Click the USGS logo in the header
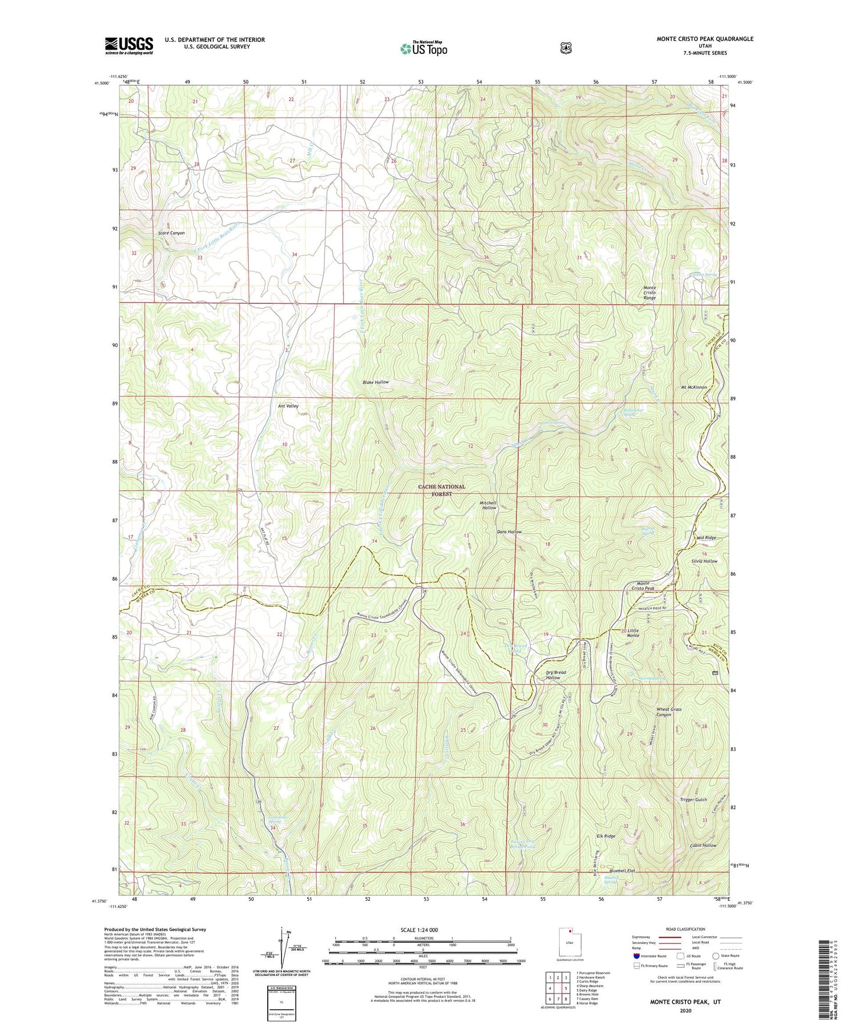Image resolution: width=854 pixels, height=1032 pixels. (x=129, y=46)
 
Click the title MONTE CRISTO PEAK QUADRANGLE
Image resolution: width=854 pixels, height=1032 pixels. (x=704, y=39)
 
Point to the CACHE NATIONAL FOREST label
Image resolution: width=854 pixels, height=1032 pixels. (x=441, y=490)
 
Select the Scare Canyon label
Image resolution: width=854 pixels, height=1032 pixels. (x=171, y=233)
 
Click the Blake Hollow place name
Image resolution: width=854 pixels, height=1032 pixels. (x=376, y=382)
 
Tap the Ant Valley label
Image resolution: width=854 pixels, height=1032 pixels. (x=288, y=406)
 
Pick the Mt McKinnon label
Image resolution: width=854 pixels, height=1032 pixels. (x=691, y=387)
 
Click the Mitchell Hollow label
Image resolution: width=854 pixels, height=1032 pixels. (x=488, y=505)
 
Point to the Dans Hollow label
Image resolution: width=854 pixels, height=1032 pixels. (x=509, y=532)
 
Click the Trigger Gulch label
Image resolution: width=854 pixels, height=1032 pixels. (x=693, y=800)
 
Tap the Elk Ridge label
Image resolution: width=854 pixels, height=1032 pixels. (x=606, y=836)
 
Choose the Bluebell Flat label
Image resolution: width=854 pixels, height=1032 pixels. (x=622, y=871)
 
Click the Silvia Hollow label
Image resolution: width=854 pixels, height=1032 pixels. (x=704, y=561)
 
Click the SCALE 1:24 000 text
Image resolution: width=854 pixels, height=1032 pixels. (x=423, y=930)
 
